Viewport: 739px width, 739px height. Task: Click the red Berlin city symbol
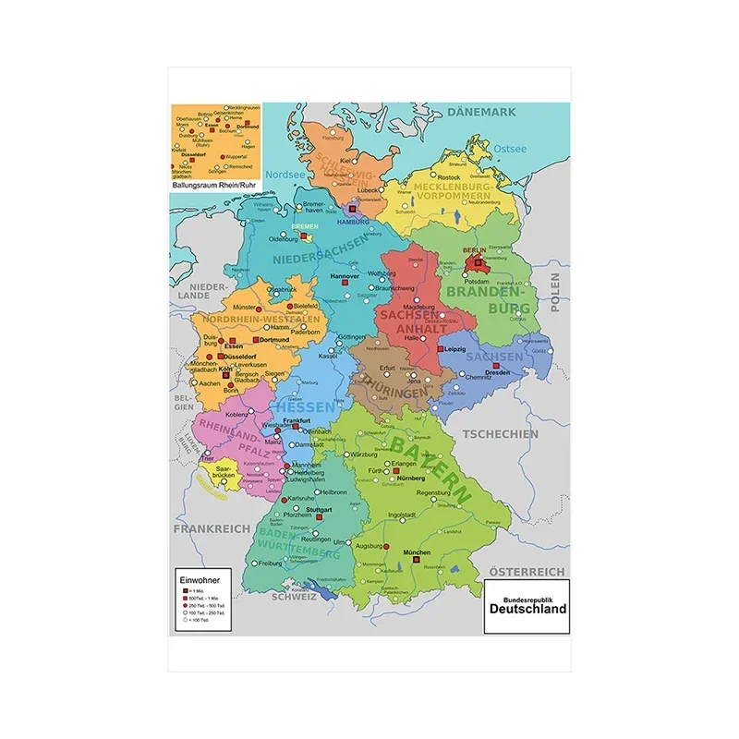tap(474, 261)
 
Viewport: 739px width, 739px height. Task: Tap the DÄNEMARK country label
tap(481, 113)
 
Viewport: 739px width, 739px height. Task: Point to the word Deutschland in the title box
tap(527, 611)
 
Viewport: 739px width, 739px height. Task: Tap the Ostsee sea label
tap(509, 148)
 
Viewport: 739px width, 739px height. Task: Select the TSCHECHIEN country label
tap(500, 434)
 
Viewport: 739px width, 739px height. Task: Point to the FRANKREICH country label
tap(212, 527)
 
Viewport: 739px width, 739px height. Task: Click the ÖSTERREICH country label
tap(527, 572)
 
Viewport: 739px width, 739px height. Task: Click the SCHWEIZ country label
tap(294, 597)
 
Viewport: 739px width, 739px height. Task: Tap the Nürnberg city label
tap(412, 479)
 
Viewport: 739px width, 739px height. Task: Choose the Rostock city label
tap(449, 177)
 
